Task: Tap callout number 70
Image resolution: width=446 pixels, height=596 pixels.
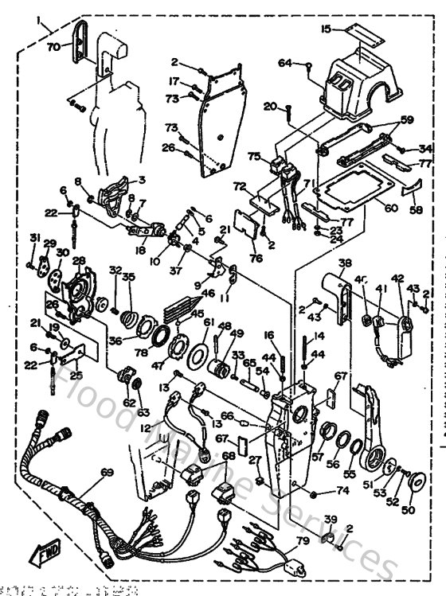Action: [53, 47]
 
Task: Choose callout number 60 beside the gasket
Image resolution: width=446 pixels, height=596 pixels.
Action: [390, 208]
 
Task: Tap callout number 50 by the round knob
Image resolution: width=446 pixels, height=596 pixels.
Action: [410, 509]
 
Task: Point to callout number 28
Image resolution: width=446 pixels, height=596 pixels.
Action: [78, 261]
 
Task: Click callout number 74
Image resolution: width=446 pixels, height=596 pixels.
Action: [343, 491]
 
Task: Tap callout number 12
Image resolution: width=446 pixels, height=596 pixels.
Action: [145, 428]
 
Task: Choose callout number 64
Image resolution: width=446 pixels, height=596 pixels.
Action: [285, 63]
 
